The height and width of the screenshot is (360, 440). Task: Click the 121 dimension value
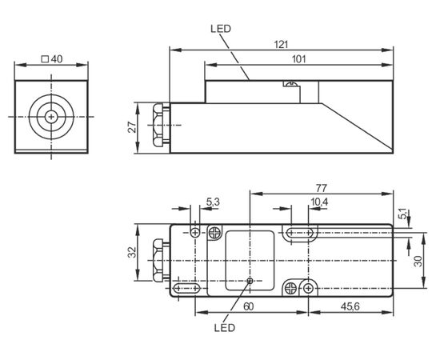(281, 45)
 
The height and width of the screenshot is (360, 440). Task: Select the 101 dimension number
(298, 59)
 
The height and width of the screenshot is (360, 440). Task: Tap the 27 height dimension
(132, 127)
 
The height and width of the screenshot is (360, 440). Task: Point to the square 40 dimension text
(52, 59)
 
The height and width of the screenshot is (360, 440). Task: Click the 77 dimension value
(322, 188)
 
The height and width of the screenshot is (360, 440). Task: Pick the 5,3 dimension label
(213, 202)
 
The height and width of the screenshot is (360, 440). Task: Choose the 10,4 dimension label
(319, 202)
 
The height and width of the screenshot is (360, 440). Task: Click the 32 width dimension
(132, 252)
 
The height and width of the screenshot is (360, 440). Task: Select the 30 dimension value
(418, 261)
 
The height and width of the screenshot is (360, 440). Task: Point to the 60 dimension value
(248, 306)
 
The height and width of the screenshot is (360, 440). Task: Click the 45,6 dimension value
(350, 306)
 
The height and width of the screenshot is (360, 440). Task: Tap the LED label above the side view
(221, 29)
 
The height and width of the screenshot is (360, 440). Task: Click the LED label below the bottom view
(225, 327)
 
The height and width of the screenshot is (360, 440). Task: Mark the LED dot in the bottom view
(250, 280)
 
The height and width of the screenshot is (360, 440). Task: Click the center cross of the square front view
(51, 117)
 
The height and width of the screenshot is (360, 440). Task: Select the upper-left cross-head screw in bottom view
(214, 233)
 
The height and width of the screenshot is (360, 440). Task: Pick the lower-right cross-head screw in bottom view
(290, 288)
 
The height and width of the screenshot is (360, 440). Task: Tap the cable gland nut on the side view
(158, 125)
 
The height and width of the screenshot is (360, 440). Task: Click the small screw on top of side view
(290, 83)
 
